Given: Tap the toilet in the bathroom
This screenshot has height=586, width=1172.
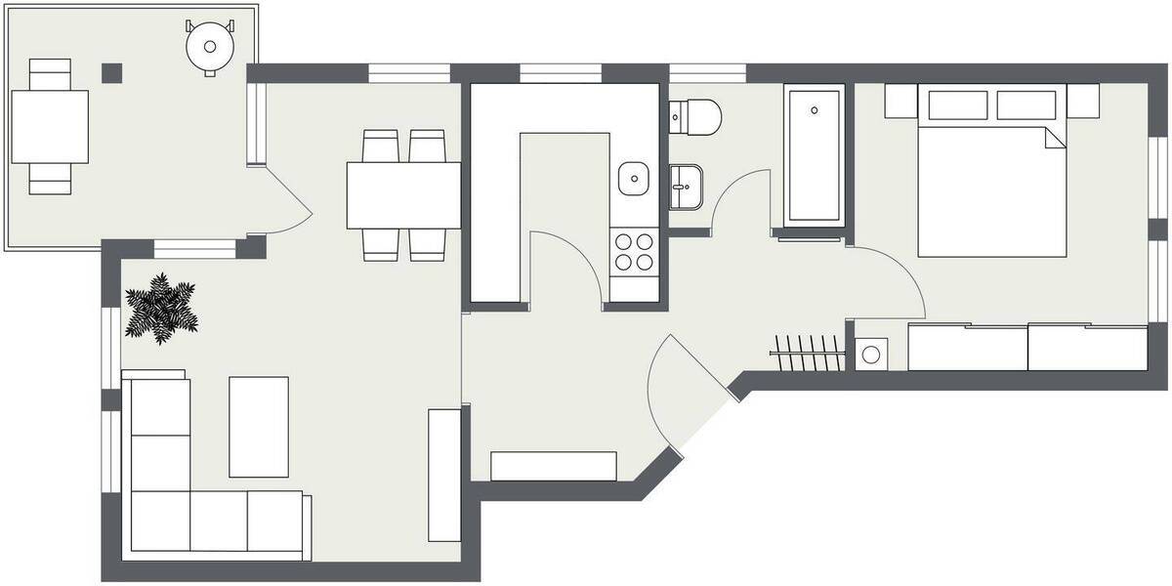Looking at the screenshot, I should pos(697,117).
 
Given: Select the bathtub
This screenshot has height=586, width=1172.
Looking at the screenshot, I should pos(814,156).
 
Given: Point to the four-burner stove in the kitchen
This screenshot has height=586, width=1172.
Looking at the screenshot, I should pos(634,251).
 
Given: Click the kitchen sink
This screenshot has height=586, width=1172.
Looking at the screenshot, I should pos(634,178).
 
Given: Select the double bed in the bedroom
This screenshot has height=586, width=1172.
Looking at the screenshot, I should pos(991,186).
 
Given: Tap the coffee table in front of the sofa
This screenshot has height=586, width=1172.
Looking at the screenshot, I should pos(259,426).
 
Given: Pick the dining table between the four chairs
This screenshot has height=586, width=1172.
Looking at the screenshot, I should pos(403,194).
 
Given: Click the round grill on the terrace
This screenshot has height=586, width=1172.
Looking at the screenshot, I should pos(210,45).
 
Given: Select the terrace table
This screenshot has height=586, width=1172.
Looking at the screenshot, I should pos(50,127).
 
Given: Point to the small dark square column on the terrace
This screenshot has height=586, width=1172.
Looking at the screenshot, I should pos(114,72).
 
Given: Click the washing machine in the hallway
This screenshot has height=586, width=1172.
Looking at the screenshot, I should pos(872,354).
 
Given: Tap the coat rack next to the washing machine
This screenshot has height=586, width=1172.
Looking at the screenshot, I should pos(808,353).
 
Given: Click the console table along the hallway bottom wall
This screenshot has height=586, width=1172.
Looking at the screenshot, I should pos(554,466).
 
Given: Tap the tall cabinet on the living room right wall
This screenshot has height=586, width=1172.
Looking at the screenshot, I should pos(443,476).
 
